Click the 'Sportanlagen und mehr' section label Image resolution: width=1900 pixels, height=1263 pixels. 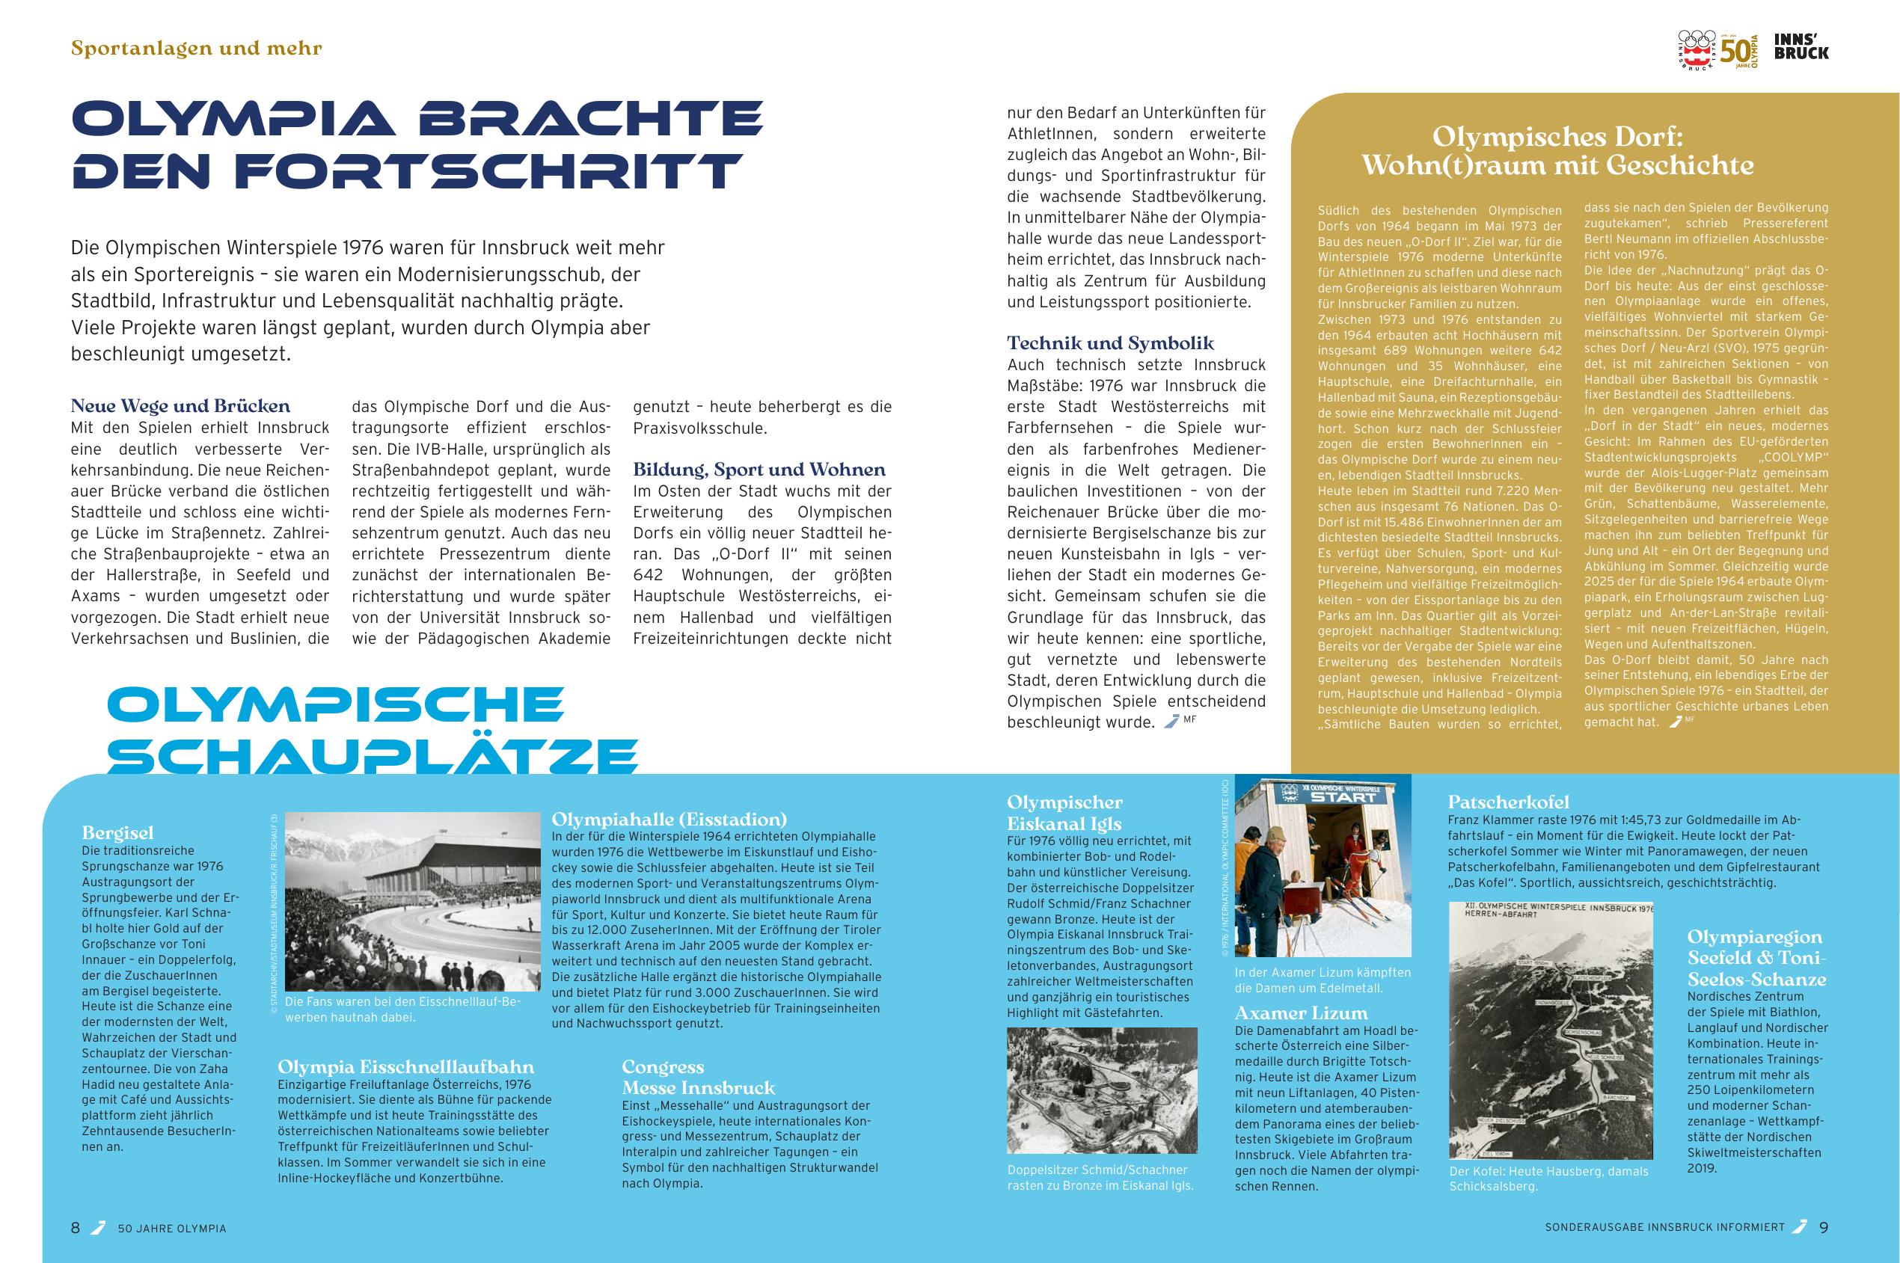coord(197,49)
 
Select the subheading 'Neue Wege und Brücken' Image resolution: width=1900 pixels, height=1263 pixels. coord(180,406)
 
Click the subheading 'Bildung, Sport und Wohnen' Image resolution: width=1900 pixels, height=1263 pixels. coord(759,470)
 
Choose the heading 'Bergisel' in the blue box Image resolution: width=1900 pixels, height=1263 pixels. coord(117,833)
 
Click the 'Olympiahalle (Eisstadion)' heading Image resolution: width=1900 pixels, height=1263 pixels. coord(669,819)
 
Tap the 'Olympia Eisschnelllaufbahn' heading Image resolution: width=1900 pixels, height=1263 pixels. coord(405,1067)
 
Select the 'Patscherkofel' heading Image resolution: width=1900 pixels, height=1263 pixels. coord(1508,802)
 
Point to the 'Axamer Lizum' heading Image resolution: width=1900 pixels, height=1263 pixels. coord(1301,1012)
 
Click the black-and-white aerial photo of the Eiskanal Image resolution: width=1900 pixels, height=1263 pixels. coord(1102,1090)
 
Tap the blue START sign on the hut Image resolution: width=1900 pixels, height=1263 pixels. coord(1344,797)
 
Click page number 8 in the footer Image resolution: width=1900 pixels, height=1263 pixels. coord(76,1229)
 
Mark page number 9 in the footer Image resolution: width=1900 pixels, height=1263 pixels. coord(1824,1229)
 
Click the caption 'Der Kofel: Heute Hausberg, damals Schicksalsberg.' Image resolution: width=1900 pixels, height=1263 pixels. coord(1548,1179)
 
